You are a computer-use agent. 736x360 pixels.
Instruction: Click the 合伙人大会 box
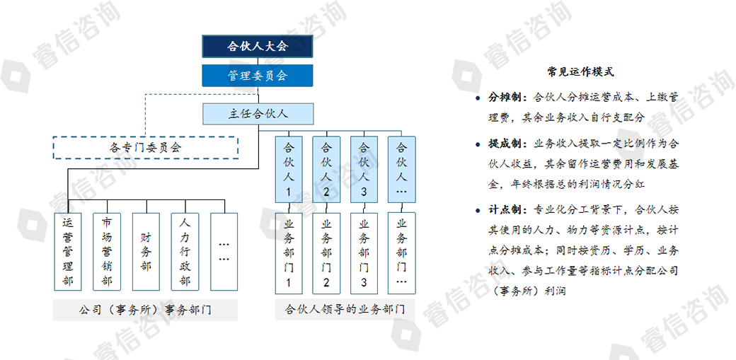pos(257,46)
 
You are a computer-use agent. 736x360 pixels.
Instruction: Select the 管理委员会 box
pos(257,76)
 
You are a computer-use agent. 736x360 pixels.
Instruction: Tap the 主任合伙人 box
pos(258,114)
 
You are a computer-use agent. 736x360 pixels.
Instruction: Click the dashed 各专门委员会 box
pos(146,147)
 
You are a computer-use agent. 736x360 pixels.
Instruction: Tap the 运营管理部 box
pos(68,252)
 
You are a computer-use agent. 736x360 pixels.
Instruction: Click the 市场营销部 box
pos(107,252)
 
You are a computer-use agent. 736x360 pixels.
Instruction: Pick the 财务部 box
pos(146,252)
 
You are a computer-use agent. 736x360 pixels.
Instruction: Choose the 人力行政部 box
pos(185,252)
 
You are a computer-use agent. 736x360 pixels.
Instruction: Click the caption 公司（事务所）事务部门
pos(145,310)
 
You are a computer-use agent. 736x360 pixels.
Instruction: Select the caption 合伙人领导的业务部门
pos(345,310)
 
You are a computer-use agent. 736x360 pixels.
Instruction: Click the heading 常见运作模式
pos(580,72)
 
